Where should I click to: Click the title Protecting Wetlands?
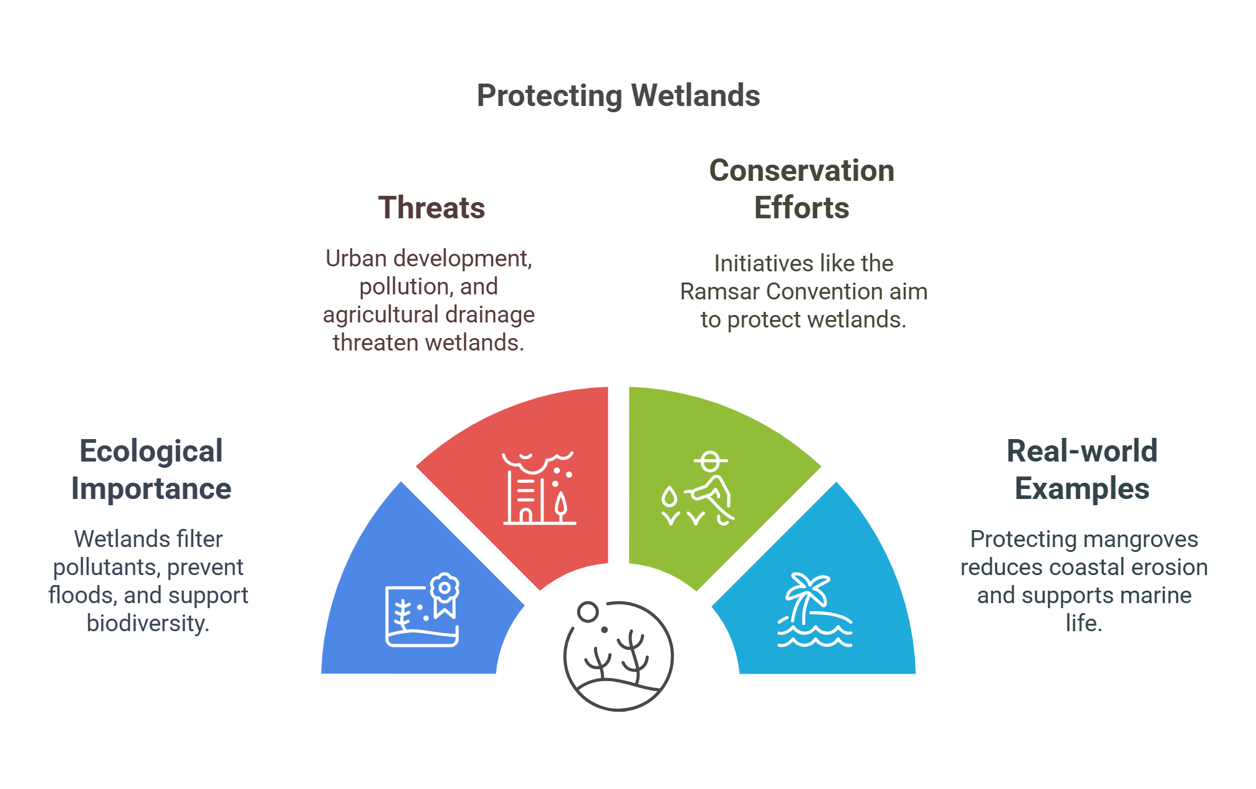(618, 95)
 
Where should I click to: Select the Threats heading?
(431, 208)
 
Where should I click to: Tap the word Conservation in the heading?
(802, 170)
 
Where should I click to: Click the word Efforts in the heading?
(802, 208)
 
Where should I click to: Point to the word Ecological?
(151, 451)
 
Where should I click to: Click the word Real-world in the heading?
(1082, 451)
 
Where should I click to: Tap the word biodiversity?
(148, 623)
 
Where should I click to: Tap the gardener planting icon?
(711, 490)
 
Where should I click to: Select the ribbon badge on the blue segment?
(444, 594)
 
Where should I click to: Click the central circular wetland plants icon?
(618, 656)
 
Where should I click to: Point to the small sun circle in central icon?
(588, 612)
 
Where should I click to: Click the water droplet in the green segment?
(669, 498)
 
